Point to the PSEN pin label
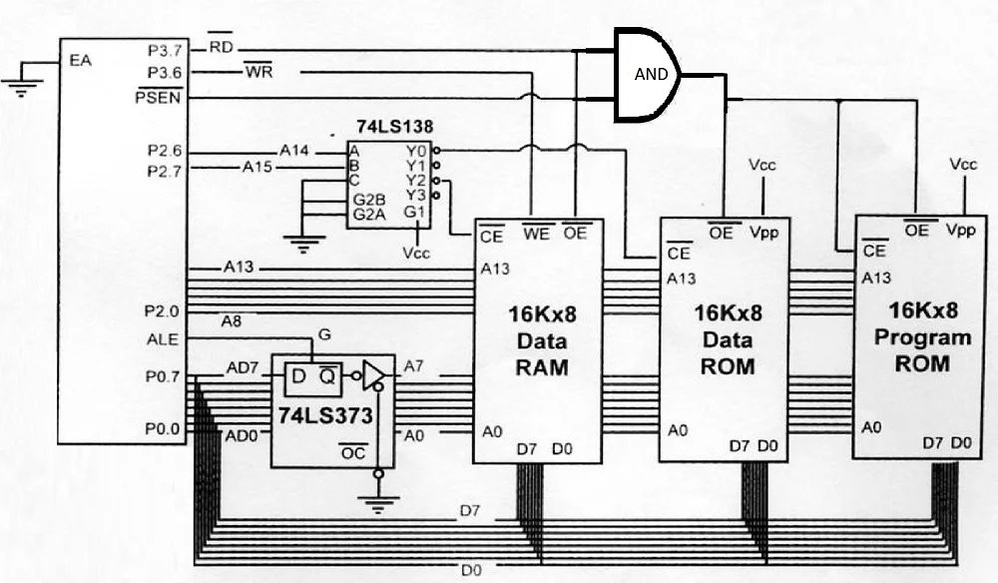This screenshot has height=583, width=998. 160,97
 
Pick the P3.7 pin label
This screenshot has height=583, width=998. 165,48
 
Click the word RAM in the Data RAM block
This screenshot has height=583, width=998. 541,367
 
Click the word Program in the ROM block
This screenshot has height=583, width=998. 921,337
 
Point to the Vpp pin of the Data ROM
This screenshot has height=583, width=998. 764,233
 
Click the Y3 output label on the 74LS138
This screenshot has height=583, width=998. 416,196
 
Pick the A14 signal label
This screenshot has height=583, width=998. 294,151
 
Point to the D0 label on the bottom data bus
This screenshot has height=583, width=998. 470,570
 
